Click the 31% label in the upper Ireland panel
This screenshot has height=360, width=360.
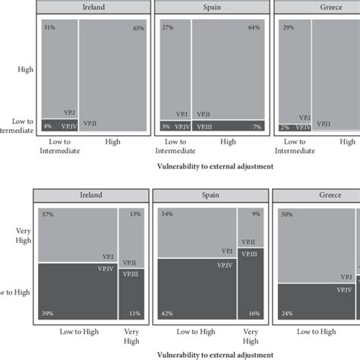click(x=49, y=28)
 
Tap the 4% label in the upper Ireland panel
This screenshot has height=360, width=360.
click(x=47, y=126)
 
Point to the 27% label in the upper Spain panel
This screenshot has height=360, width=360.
click(x=168, y=28)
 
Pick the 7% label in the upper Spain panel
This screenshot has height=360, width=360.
click(x=257, y=126)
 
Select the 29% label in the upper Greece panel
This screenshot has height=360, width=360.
click(x=286, y=28)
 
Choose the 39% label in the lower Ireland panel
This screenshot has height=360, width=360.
click(x=47, y=313)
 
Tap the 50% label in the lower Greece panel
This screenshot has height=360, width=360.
click(x=287, y=215)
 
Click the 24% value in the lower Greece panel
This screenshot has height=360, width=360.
click(x=286, y=313)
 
